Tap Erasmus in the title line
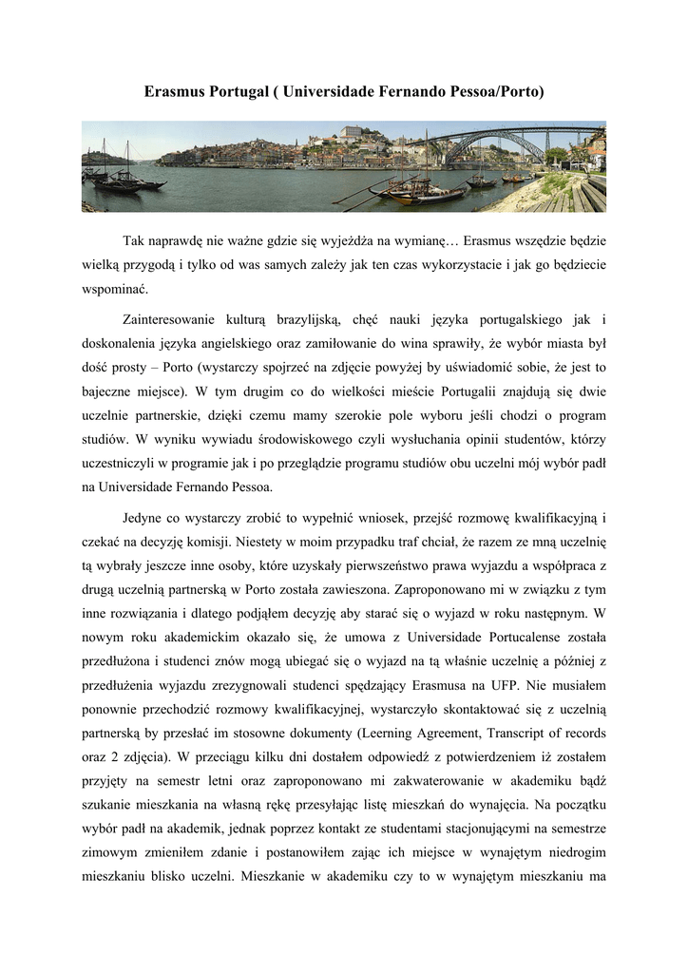coord(174,93)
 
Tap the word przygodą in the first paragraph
coord(149,264)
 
